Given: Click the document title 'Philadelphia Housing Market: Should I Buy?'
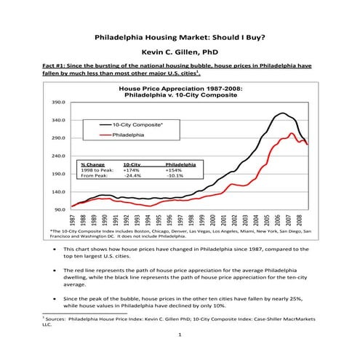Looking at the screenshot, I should (x=179, y=37).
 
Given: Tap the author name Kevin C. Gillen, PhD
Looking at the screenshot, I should (x=179, y=52).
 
